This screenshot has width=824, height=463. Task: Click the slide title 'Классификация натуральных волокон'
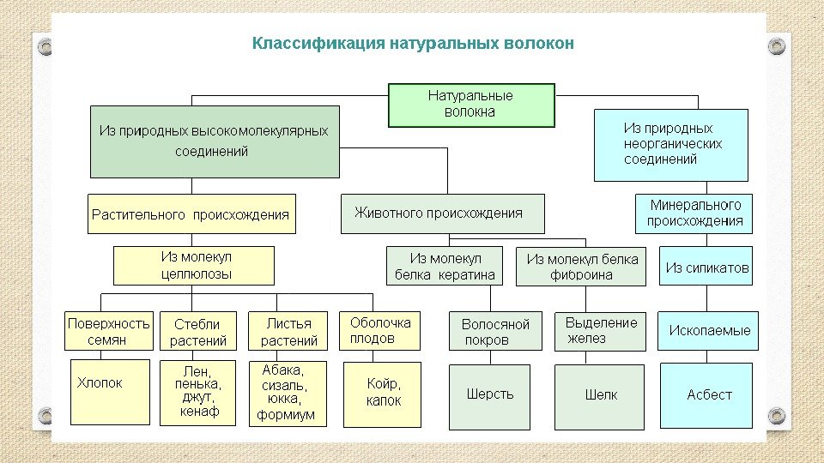coord(412,43)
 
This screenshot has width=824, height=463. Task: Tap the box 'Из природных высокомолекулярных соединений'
coord(214,141)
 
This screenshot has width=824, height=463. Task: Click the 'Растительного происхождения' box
coord(191,214)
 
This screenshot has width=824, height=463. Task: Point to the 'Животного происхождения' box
coord(442,213)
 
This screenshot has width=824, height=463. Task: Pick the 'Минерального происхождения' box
coord(694,213)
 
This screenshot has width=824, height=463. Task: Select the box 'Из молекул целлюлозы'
coord(195,266)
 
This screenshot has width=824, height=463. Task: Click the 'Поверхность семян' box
coord(109,331)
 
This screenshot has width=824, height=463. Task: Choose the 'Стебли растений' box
coord(197,332)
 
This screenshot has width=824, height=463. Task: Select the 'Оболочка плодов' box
coord(380,330)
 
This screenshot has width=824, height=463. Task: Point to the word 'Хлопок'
coord(100,383)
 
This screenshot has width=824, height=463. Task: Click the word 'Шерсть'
coord(490,394)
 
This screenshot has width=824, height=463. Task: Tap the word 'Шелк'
coord(601,395)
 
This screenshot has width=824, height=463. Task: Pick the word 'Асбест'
coord(709,395)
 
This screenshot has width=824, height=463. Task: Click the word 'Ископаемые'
coord(709,331)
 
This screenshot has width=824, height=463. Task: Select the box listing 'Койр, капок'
coord(383,393)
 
